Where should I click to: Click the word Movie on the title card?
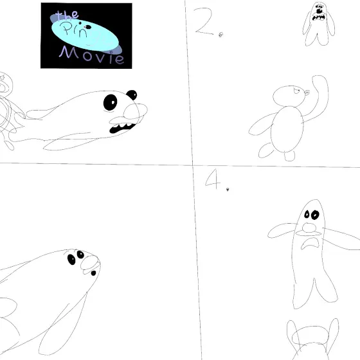(92, 55)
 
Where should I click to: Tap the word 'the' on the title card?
(67, 15)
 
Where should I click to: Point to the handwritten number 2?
(203, 21)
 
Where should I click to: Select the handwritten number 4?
(213, 179)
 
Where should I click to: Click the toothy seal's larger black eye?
(110, 102)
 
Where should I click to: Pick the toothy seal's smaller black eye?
(132, 94)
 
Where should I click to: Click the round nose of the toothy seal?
(135, 111)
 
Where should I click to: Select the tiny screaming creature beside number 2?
(318, 24)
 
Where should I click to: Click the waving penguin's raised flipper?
(318, 96)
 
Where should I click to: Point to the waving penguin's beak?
(307, 93)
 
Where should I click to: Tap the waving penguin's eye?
(296, 91)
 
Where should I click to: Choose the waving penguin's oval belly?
(287, 129)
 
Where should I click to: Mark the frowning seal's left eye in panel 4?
(307, 214)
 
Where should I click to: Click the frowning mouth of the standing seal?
(310, 244)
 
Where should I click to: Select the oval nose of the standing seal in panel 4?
(309, 228)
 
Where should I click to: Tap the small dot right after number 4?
(228, 190)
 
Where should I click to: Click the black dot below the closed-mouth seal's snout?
(93, 273)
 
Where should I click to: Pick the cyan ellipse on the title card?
(85, 35)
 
